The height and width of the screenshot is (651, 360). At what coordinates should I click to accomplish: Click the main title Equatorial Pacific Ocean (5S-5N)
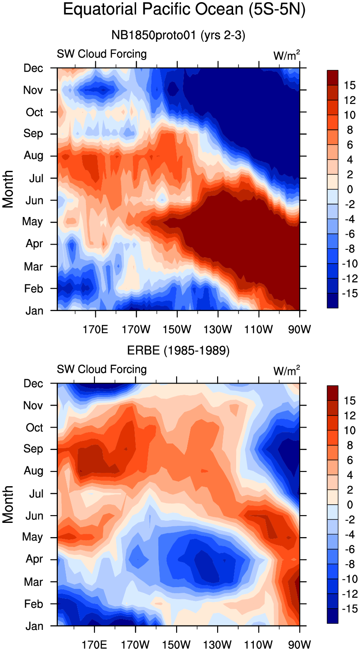184,10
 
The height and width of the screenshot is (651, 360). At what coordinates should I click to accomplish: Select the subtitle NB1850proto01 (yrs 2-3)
178,36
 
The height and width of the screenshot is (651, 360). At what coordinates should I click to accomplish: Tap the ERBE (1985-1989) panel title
178,351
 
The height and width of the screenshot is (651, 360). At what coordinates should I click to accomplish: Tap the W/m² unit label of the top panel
287,55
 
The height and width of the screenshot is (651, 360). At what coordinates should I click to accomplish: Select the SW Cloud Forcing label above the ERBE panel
102,369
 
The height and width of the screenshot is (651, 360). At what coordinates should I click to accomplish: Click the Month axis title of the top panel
8,189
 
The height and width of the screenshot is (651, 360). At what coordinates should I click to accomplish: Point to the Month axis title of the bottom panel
8,504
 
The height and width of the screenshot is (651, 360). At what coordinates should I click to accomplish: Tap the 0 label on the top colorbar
350,189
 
